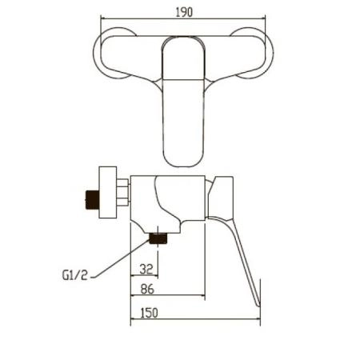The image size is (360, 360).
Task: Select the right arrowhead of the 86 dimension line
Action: coord(203,298)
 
